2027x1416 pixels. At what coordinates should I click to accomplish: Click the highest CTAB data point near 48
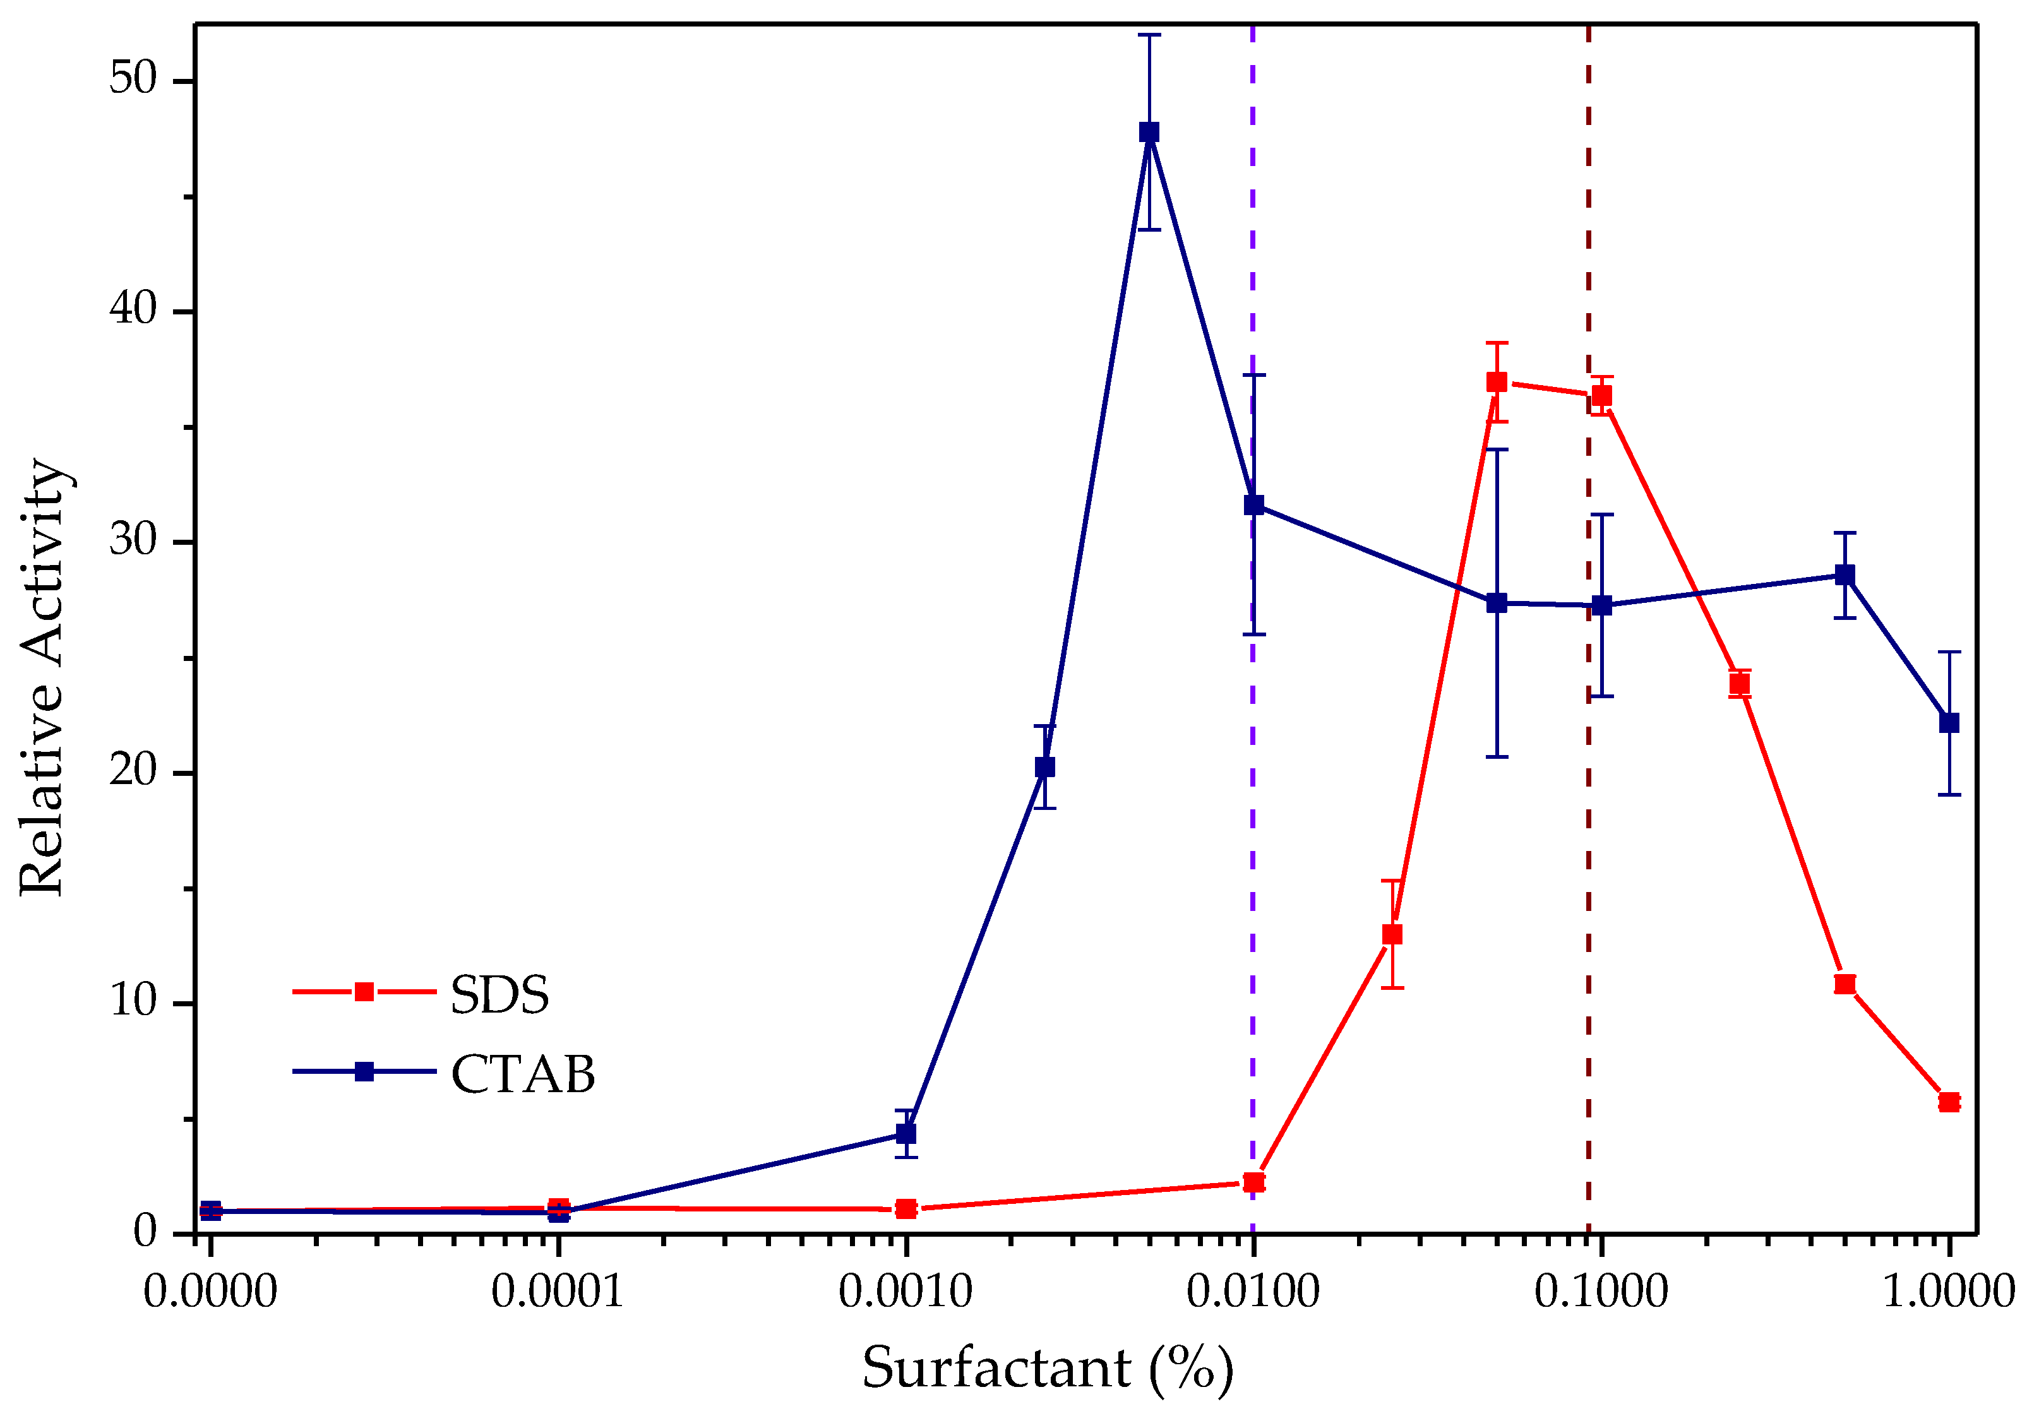pos(1149,133)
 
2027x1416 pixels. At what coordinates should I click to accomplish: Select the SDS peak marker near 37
pos(1497,382)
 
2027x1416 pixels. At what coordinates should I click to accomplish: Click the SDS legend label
pos(499,995)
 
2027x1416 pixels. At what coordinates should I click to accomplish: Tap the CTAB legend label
pos(523,1074)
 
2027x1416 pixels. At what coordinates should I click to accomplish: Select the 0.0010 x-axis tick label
pos(905,1292)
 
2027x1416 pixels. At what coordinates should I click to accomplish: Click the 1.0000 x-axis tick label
pos(1949,1292)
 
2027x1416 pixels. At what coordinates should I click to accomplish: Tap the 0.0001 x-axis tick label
pos(557,1292)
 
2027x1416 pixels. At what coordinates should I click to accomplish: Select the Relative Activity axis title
pos(42,677)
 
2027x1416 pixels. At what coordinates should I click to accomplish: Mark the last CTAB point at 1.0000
pos(1949,723)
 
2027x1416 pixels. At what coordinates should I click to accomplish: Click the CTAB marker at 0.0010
pos(906,1134)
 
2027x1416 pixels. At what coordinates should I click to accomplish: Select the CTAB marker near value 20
pos(1044,767)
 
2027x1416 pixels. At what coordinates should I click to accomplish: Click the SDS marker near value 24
pos(1739,684)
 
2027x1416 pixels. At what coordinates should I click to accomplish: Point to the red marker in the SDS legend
pos(364,992)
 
